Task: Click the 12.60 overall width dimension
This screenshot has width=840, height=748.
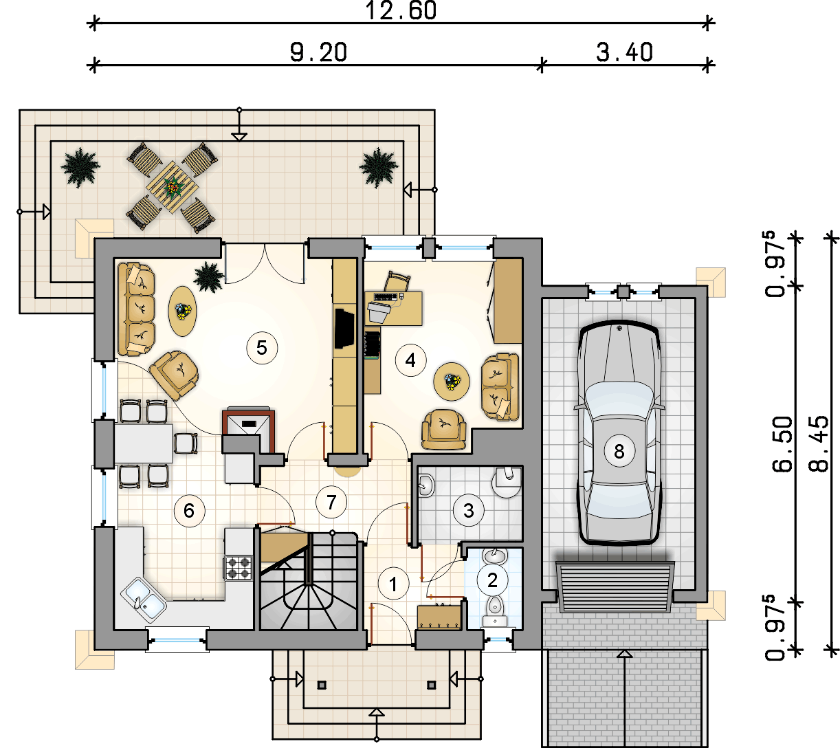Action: coord(401,11)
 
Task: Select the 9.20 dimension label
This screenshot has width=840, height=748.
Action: coord(318,53)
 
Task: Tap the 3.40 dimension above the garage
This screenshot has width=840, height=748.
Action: coord(624,53)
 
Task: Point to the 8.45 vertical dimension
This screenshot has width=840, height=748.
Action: coord(818,444)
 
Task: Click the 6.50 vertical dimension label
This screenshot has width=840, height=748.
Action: coord(782,444)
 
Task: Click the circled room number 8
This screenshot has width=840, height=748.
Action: coord(619,451)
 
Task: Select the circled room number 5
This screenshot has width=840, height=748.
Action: coord(262,347)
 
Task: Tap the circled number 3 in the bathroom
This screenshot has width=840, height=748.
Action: coord(469,511)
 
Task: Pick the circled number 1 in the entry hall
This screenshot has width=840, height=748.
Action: coord(393,584)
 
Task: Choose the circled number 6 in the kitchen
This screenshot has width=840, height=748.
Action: coord(189,511)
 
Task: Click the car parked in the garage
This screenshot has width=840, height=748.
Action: coord(619,432)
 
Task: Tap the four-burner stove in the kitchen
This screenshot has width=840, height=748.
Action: coord(238,568)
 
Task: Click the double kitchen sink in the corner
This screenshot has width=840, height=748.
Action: coord(144,599)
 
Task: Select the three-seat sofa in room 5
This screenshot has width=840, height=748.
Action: coord(136,309)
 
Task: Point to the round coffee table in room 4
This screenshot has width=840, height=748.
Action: coord(452,382)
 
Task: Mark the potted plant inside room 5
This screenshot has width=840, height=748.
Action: coord(209,277)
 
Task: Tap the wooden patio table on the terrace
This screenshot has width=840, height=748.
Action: coord(173,188)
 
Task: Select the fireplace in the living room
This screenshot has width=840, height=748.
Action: coord(248,430)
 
